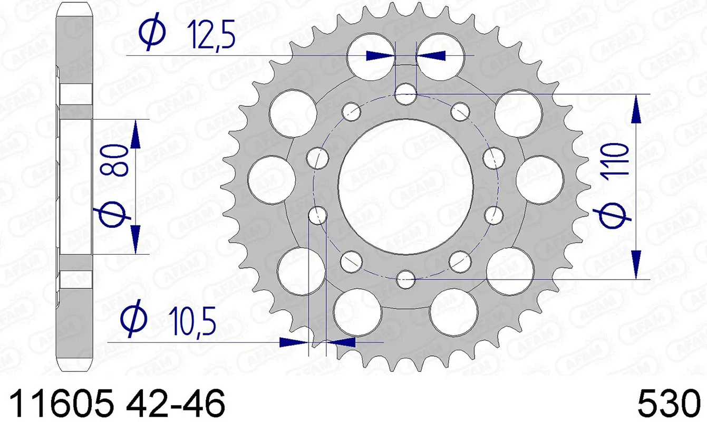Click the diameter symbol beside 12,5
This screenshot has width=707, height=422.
tap(153, 33)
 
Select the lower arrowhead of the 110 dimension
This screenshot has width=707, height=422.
tap(637, 264)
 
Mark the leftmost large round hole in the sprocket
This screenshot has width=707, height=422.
tap(270, 176)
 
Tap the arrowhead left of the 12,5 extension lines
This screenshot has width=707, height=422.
tap(380, 55)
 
